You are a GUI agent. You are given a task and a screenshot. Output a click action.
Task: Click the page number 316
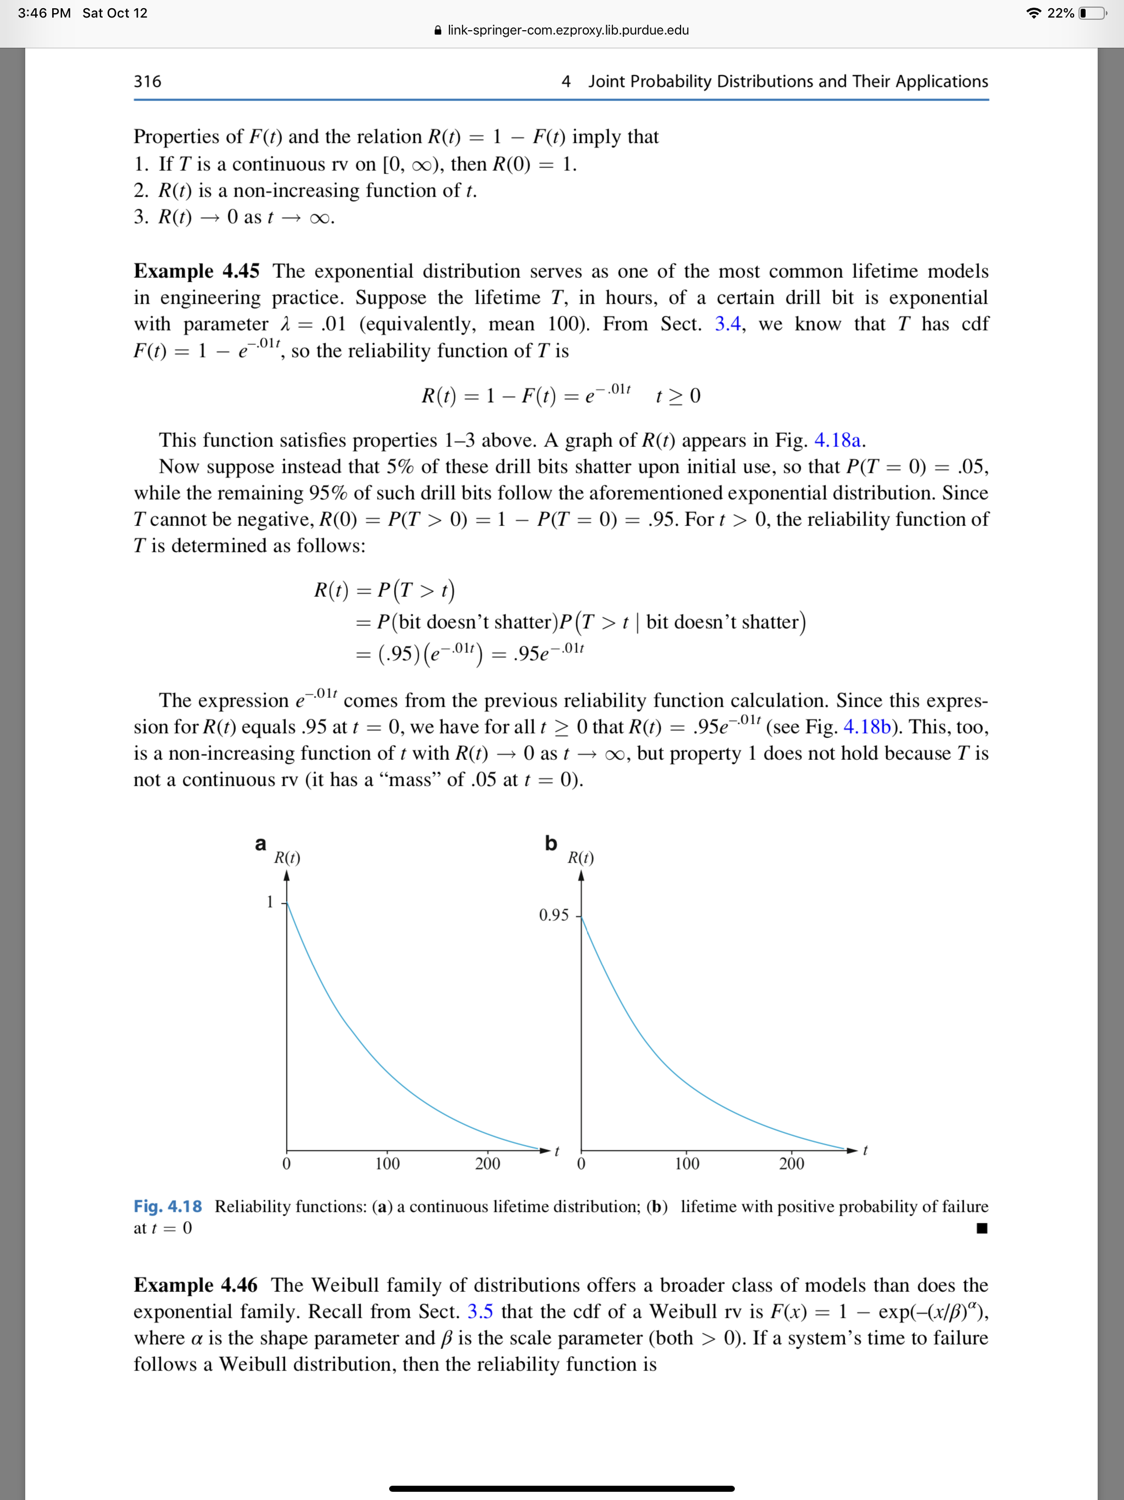click(x=147, y=81)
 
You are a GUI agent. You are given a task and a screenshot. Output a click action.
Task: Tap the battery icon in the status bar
click(x=1092, y=13)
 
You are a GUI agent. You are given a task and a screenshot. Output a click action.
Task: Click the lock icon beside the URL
click(x=438, y=31)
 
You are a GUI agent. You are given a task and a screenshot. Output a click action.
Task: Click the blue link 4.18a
click(x=838, y=440)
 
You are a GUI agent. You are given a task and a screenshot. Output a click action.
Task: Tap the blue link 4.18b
click(x=867, y=727)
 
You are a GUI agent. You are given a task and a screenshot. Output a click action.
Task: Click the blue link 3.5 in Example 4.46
click(x=480, y=1312)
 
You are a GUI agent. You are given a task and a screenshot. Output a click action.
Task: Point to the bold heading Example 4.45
click(x=196, y=271)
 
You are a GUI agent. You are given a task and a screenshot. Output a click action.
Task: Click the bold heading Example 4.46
click(x=196, y=1285)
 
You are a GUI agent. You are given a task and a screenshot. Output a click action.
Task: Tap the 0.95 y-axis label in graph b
click(x=553, y=915)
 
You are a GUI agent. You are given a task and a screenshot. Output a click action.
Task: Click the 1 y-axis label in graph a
click(x=270, y=902)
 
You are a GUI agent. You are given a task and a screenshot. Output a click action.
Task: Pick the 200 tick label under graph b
click(x=791, y=1163)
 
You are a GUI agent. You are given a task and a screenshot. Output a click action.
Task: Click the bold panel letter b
click(x=550, y=843)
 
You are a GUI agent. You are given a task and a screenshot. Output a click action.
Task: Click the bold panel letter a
click(x=260, y=843)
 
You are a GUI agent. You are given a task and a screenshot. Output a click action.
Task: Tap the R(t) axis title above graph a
click(x=286, y=858)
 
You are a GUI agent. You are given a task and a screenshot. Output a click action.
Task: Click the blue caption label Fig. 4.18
click(x=167, y=1206)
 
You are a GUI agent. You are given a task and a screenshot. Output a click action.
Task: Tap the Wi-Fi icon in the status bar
click(x=1033, y=13)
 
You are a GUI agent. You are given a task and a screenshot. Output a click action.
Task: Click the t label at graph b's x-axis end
click(x=865, y=1150)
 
